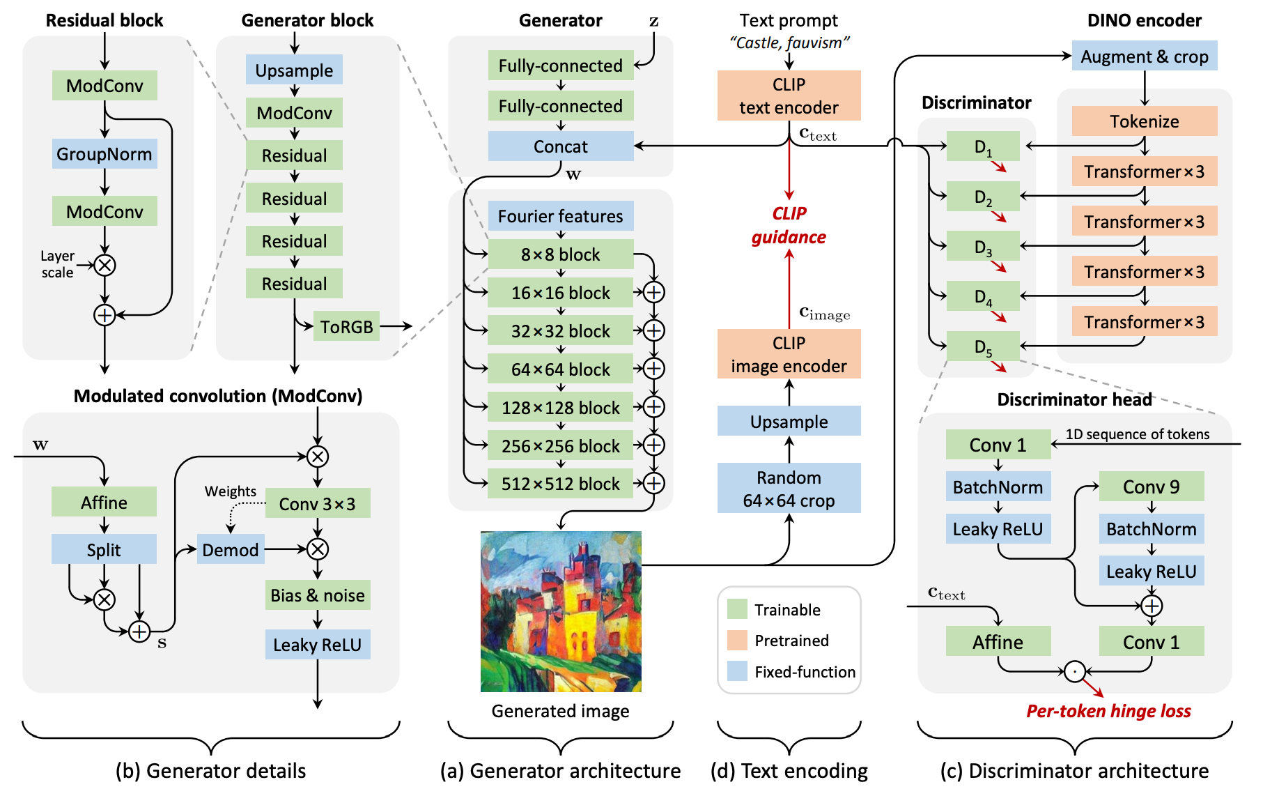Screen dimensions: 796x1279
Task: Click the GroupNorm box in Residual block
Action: tap(104, 154)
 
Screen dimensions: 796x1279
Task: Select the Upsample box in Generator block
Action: tap(294, 70)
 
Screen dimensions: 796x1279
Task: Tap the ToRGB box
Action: tap(346, 326)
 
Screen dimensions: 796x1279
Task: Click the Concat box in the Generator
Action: tap(561, 146)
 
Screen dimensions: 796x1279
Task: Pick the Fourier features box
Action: tap(561, 216)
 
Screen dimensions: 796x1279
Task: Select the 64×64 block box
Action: tap(561, 369)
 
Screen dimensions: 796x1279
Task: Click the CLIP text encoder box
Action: tap(789, 95)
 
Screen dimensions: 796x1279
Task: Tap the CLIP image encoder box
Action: tap(789, 354)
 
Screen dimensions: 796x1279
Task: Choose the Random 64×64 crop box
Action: tap(789, 489)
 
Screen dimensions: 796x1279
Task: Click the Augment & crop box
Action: tap(1144, 56)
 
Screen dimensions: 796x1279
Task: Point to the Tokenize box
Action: tap(1144, 121)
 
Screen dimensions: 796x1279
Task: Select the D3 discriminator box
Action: tap(983, 247)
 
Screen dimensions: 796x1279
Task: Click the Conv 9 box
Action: tap(1151, 487)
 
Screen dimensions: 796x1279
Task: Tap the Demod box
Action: tap(231, 549)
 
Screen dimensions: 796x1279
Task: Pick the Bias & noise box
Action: tap(318, 595)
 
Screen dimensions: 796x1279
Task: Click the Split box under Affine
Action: tap(104, 549)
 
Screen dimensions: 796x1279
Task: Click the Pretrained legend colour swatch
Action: tap(737, 640)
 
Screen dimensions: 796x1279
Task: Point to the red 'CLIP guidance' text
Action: tap(789, 225)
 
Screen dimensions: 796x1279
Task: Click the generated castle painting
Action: tap(561, 611)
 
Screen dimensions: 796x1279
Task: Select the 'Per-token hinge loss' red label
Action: tap(1108, 711)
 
